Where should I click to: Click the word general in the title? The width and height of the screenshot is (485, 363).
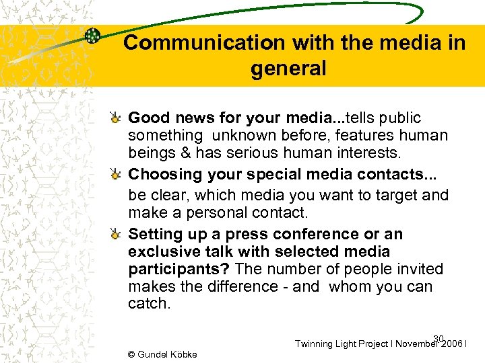(288, 68)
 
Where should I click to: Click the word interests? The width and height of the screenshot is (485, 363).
(364, 153)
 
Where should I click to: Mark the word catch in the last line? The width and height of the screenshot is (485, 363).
(148, 303)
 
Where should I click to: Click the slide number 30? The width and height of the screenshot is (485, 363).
(439, 338)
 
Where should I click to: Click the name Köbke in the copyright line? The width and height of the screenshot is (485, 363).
(181, 354)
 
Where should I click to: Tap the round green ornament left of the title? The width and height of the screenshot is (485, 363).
(93, 37)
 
